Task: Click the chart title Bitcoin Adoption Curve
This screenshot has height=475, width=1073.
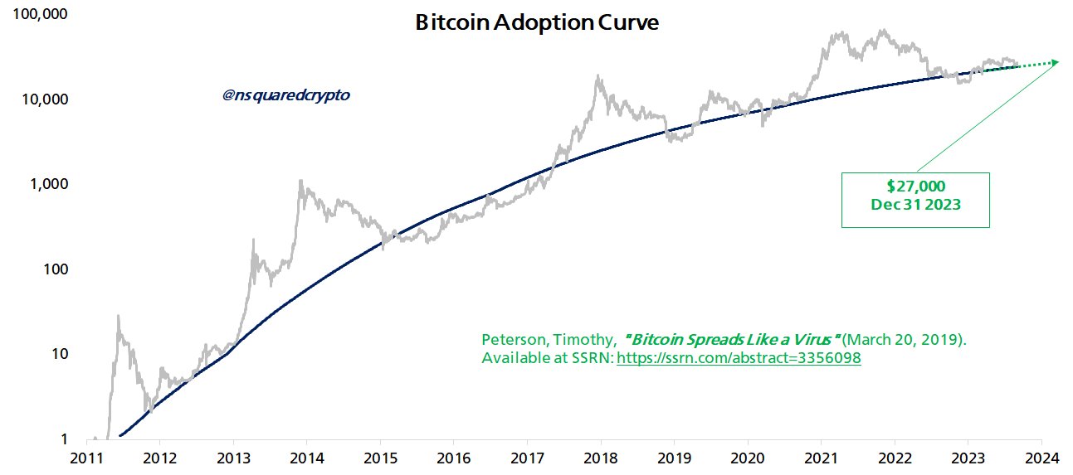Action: point(537,23)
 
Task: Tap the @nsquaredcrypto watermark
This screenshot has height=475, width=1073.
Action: point(286,95)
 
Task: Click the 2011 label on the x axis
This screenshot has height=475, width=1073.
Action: point(85,458)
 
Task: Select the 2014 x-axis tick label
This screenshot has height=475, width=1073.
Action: point(306,458)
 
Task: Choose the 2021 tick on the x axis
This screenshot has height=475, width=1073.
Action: point(822,458)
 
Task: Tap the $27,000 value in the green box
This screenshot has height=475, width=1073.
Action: point(915,187)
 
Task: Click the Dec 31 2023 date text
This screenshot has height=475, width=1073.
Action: point(915,204)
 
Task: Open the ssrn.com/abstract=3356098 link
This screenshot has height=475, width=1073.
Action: point(739,358)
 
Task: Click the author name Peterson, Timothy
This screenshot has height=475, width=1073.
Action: point(548,340)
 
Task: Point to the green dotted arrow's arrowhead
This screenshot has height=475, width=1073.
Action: point(1055,62)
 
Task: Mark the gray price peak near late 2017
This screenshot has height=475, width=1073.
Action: point(597,76)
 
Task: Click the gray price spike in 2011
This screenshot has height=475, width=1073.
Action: point(119,316)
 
